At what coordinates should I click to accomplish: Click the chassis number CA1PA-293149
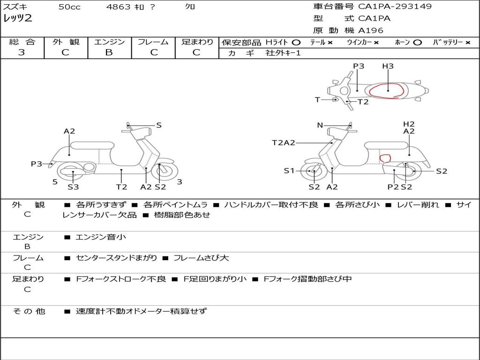(395, 7)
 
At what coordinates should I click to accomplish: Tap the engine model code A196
(371, 30)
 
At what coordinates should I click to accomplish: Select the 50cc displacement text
(69, 7)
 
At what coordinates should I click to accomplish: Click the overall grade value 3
(22, 52)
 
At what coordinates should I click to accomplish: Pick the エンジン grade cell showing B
(109, 52)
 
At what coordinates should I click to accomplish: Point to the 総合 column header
(22, 42)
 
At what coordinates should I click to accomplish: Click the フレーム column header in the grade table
(153, 42)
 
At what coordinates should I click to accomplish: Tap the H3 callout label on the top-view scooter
(388, 66)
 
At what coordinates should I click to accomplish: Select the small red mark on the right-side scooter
(385, 158)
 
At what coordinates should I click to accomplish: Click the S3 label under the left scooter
(73, 187)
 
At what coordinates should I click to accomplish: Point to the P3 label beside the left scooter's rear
(37, 164)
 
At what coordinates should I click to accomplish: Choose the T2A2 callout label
(284, 142)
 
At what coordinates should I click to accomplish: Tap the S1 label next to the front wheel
(289, 171)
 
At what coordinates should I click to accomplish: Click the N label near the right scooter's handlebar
(320, 125)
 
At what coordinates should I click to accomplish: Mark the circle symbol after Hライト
(296, 42)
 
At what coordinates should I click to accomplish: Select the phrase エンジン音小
(101, 237)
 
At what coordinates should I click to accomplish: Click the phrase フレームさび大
(201, 258)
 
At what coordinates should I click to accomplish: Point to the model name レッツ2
(17, 19)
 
